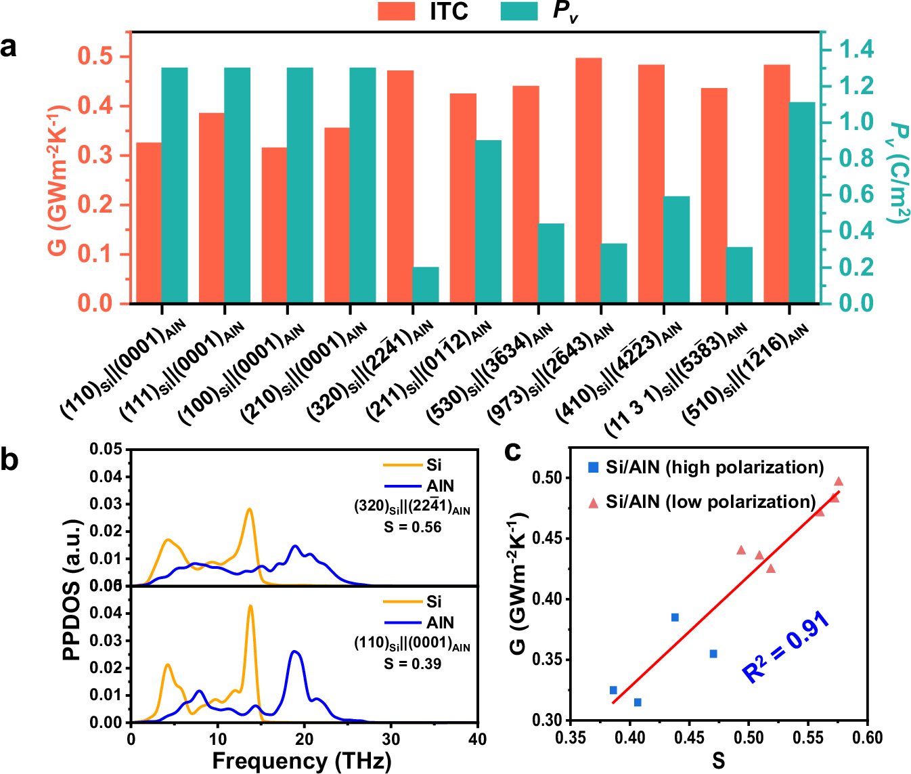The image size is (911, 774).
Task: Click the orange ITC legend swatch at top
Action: tap(396, 11)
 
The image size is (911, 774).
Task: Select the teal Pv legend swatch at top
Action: tap(519, 11)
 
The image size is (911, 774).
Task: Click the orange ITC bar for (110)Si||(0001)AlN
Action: tap(149, 223)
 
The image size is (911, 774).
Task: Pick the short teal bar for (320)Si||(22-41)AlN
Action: tap(426, 285)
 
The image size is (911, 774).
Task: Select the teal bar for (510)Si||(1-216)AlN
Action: tap(802, 202)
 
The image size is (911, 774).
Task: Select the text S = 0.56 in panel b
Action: tap(412, 528)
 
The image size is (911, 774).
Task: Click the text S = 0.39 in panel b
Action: tap(412, 664)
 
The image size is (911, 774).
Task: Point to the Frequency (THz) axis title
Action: tap(302, 761)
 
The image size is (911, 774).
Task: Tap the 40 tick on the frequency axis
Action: tap(477, 739)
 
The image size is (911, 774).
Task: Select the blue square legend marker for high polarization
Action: tap(594, 468)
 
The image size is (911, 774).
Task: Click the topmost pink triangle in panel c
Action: tap(839, 481)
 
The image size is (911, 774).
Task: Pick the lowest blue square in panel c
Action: tap(638, 702)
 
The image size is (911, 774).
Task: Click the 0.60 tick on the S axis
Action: tap(868, 737)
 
